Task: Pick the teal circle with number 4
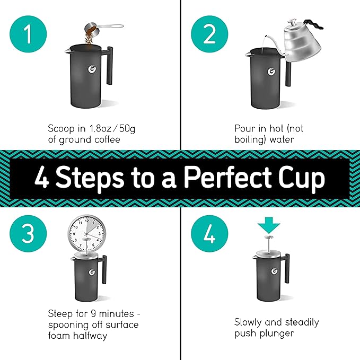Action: (209, 233)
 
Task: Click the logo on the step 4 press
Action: (275, 271)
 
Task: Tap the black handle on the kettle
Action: (315, 24)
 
